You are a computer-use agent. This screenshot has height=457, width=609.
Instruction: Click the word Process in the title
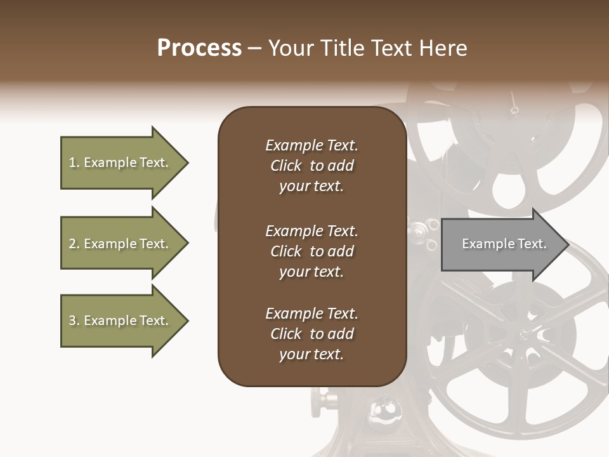click(199, 48)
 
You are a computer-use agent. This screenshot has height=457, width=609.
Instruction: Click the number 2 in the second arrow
click(72, 244)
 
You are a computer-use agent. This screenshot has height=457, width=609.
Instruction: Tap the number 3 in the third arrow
click(72, 321)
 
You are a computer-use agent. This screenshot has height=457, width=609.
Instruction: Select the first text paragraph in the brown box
click(311, 166)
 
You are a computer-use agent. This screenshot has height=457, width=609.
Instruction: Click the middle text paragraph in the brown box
click(311, 251)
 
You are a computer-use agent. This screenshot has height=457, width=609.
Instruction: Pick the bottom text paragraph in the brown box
click(311, 334)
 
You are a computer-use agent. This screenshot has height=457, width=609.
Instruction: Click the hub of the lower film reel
click(527, 334)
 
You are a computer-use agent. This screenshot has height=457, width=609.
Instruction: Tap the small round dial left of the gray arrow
click(418, 232)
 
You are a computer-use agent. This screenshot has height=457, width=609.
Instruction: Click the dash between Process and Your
click(255, 48)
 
